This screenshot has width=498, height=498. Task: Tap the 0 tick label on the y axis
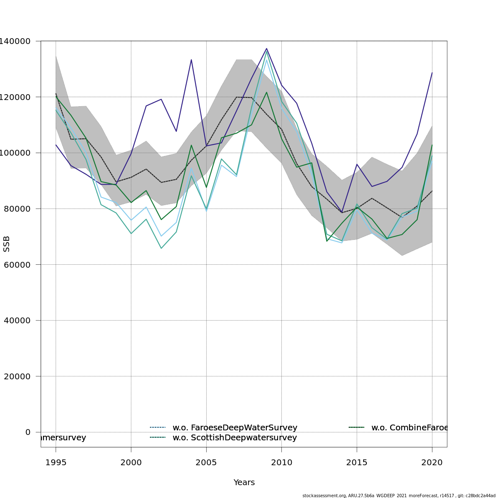tap(28, 432)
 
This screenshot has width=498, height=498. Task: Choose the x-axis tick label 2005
tap(206, 463)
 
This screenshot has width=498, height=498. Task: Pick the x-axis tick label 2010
tap(281, 463)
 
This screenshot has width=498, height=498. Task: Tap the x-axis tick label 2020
tap(432, 463)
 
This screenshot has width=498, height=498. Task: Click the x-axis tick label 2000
tap(131, 463)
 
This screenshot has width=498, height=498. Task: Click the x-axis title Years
tap(244, 483)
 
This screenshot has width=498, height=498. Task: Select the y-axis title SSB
tap(7, 244)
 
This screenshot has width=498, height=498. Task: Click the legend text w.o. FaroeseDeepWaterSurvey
tap(235, 428)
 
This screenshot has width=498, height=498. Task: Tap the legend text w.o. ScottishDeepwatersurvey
tap(234, 438)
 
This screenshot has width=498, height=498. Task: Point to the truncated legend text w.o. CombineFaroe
tap(409, 428)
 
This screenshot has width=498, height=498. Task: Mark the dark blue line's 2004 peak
tap(191, 60)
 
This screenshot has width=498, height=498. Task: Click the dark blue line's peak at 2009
tap(266, 49)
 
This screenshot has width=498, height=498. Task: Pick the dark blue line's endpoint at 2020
tap(432, 73)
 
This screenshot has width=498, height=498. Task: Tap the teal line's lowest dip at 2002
tap(161, 248)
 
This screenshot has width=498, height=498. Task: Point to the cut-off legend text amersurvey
tap(63, 438)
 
